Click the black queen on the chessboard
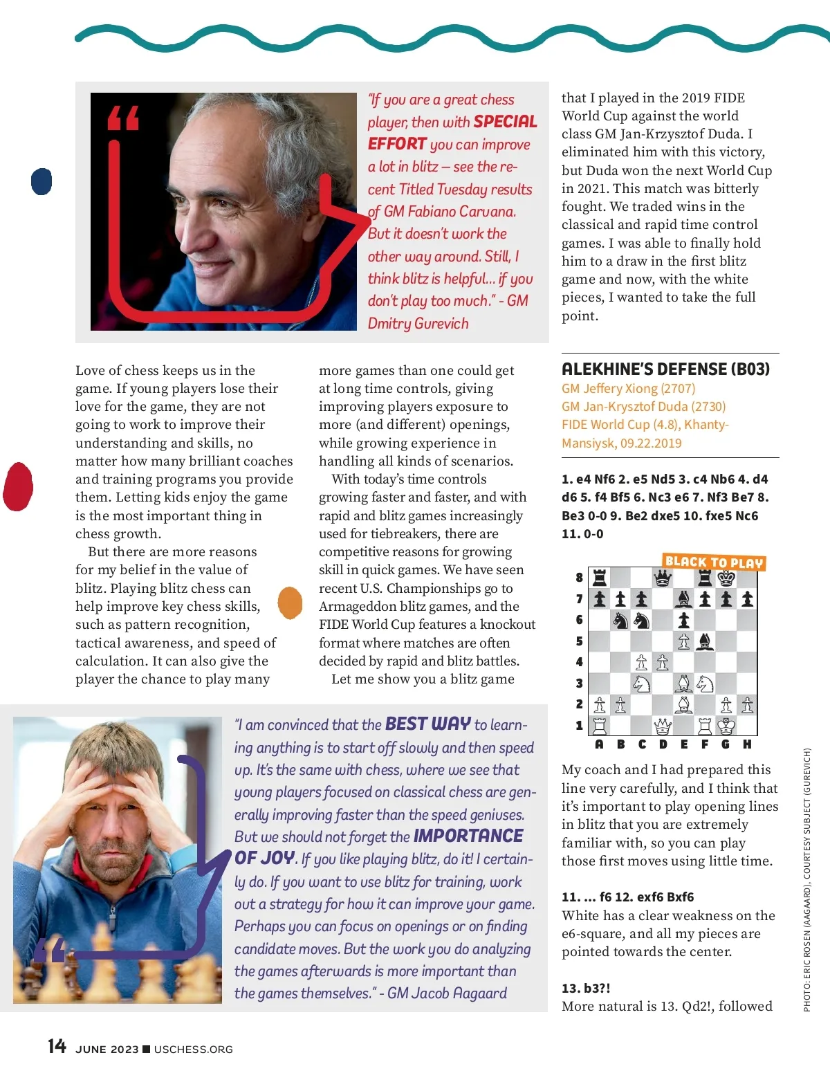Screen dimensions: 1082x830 [663, 578]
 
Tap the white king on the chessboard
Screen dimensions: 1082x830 [726, 726]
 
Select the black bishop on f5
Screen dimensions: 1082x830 [705, 641]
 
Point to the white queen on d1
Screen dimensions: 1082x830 [663, 726]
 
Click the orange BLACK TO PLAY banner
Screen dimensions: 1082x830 [714, 562]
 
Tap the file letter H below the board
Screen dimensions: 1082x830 [747, 744]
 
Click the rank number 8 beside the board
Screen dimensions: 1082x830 [579, 578]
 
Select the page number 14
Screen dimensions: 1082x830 [57, 1046]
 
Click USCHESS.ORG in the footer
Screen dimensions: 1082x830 [194, 1049]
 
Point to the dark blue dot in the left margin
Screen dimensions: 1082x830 [42, 181]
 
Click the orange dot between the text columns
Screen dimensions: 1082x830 [290, 603]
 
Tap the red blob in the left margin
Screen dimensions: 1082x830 [19, 486]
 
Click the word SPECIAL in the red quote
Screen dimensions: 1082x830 [506, 122]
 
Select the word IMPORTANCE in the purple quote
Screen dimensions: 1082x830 [468, 836]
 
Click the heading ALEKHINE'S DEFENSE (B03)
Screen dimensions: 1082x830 [665, 369]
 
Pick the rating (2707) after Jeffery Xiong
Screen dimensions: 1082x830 [678, 389]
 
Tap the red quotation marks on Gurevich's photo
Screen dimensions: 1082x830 [123, 118]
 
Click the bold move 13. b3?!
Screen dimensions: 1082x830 [586, 988]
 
